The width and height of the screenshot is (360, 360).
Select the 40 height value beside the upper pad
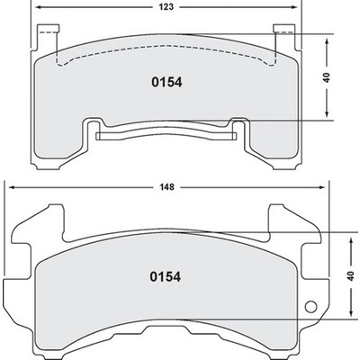[x=329, y=77]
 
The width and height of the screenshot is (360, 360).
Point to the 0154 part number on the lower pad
[x=166, y=277]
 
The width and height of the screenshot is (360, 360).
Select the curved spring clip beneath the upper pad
[x=166, y=135]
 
